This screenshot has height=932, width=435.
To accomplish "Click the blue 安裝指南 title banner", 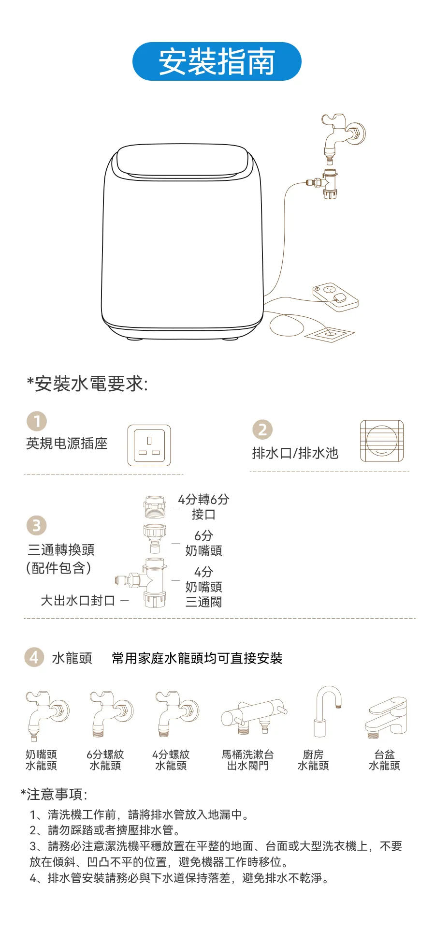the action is (x=217, y=61).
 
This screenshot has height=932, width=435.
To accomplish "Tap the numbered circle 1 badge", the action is (x=37, y=421).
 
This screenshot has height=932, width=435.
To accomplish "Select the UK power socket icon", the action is (x=149, y=445).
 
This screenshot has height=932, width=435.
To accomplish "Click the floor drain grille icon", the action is (x=381, y=441).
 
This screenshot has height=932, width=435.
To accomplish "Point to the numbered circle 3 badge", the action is (x=37, y=526).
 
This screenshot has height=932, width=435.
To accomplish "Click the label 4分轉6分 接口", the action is (x=203, y=507).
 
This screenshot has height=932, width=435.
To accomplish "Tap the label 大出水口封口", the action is (x=78, y=601).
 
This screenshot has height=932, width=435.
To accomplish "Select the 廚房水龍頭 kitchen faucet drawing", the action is (x=328, y=711).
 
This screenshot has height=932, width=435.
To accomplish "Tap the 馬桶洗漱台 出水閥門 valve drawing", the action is (x=254, y=715).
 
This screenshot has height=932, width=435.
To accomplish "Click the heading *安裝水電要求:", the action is (x=87, y=384).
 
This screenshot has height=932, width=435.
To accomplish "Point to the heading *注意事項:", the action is (x=54, y=795).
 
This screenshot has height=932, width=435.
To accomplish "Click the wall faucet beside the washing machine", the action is (x=343, y=137).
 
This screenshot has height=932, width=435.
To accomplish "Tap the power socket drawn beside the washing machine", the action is (x=335, y=296).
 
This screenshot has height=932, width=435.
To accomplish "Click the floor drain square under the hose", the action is (x=329, y=333).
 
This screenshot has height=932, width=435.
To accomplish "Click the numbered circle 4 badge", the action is (x=34, y=657).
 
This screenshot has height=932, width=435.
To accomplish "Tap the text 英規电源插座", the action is (x=67, y=444).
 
